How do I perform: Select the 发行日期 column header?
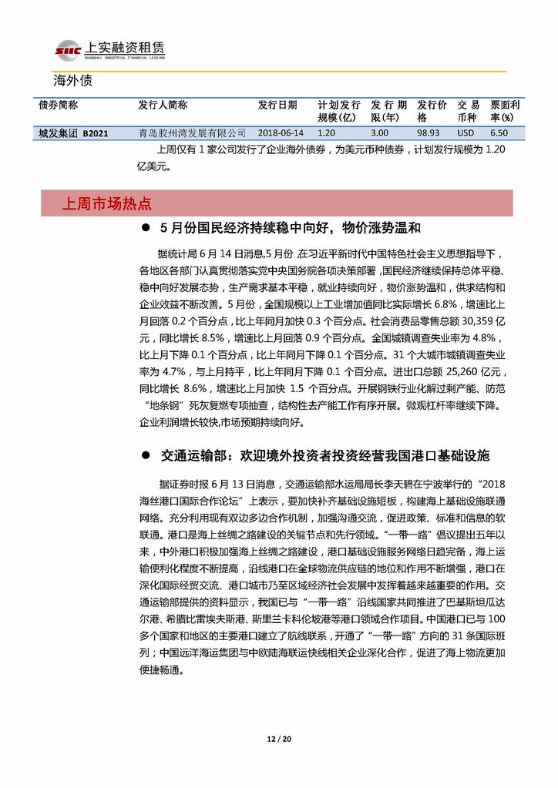[277, 105]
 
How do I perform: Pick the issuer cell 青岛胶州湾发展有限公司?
[192, 132]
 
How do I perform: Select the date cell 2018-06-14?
[281, 132]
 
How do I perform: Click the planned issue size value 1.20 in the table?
[327, 132]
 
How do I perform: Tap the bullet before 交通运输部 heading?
[145, 456]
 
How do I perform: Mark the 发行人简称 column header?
[163, 105]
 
